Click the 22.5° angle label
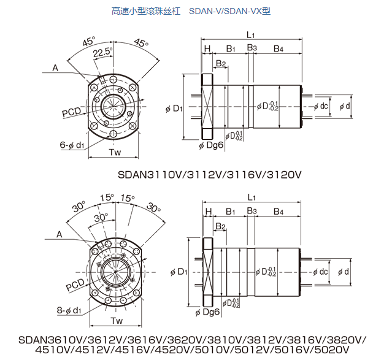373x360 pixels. (102, 53)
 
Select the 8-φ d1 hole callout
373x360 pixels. (70, 310)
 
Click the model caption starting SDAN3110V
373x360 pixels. (210, 174)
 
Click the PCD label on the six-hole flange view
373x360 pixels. (72, 113)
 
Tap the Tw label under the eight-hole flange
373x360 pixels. (116, 321)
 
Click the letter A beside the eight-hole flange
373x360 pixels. (60, 234)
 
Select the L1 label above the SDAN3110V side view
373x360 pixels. (252, 34)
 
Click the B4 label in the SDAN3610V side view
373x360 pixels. (279, 212)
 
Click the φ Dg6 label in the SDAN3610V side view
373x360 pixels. (209, 312)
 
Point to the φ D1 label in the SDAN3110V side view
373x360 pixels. (174, 109)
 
